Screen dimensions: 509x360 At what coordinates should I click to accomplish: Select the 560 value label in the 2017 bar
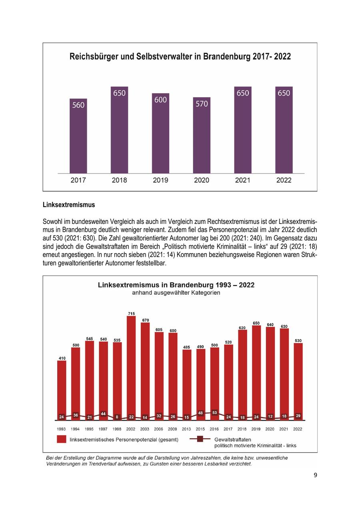click(x=78, y=105)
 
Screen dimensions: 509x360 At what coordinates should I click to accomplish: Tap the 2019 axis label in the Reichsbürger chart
click(x=160, y=180)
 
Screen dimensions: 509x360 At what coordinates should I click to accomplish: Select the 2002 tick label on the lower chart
click(x=131, y=429)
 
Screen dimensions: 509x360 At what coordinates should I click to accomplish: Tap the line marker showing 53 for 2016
click(x=214, y=413)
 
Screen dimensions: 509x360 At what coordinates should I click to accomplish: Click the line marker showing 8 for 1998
click(x=117, y=417)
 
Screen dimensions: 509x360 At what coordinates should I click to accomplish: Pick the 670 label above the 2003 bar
click(x=145, y=320)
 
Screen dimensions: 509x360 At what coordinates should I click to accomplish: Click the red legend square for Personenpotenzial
click(x=61, y=439)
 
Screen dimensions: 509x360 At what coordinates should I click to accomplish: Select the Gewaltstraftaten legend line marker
click(x=200, y=439)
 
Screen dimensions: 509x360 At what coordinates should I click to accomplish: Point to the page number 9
click(x=315, y=475)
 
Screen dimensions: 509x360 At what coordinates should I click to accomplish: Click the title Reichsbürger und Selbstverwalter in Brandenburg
click(x=180, y=57)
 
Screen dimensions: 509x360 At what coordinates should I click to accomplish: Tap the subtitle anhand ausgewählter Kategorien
click(x=176, y=293)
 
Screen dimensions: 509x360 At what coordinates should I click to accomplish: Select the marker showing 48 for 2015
click(x=200, y=413)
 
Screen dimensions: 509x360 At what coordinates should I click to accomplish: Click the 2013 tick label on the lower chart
click(x=186, y=429)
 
